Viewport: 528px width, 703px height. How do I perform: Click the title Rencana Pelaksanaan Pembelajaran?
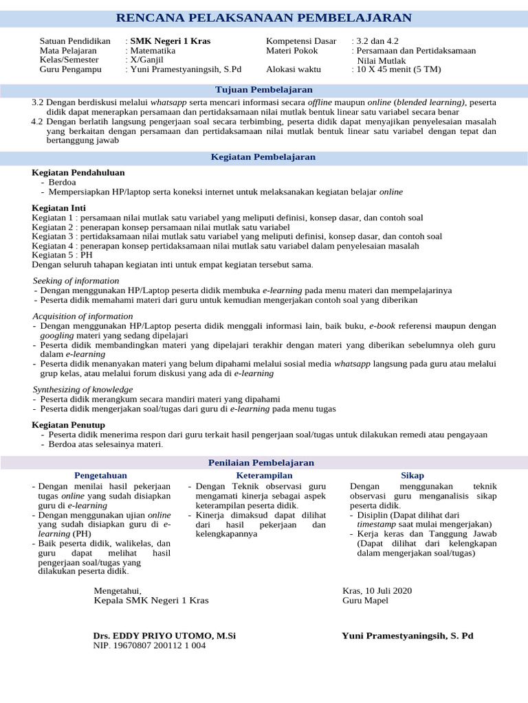(264, 18)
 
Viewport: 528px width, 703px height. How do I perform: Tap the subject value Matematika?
(153, 51)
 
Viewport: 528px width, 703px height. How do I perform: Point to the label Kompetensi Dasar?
(301, 41)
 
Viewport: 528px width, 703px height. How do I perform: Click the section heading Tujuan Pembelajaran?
(263, 90)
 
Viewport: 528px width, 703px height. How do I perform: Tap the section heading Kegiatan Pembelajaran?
(263, 157)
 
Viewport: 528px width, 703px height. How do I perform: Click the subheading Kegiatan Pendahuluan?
(78, 172)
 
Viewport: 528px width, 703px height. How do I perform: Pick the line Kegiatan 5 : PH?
(63, 255)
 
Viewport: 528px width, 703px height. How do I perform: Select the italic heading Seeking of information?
(76, 281)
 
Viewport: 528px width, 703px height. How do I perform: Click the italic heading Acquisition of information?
(82, 316)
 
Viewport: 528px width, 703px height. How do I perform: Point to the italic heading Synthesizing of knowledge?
(82, 389)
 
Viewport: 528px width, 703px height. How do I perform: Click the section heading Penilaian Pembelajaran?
(263, 463)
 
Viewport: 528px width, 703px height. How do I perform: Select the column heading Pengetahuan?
(100, 476)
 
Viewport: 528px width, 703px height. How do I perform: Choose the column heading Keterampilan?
(264, 476)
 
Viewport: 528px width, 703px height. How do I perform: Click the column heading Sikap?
(412, 476)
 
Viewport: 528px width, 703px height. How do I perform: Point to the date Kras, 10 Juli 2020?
(377, 590)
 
